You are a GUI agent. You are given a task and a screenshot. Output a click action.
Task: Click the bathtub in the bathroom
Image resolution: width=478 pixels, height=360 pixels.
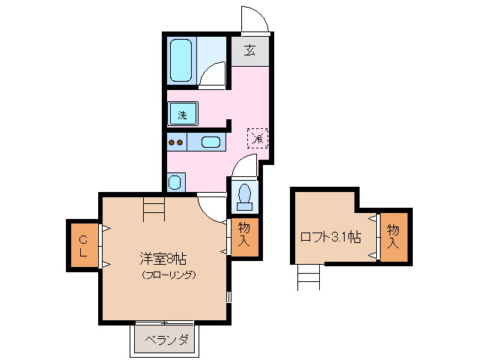182,60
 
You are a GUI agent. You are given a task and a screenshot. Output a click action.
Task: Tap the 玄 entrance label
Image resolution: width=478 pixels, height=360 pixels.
249,52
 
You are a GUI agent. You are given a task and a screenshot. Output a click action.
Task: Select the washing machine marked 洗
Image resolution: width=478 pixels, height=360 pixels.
183,115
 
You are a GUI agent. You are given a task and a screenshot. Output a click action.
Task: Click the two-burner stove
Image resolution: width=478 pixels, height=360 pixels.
176,142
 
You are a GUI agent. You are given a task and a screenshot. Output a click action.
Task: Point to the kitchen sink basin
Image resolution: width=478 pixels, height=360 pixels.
211,142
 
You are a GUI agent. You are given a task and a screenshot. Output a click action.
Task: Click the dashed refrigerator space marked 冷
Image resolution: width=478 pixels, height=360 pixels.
257,138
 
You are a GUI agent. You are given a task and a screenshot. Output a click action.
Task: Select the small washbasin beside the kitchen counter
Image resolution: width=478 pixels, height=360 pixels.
175,181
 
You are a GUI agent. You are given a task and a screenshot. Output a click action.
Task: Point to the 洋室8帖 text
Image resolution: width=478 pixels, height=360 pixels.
163,259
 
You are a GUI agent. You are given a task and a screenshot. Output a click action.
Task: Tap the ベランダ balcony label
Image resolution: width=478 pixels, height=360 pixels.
166,340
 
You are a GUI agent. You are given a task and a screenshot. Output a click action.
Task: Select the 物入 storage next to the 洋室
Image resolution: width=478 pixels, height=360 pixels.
243,235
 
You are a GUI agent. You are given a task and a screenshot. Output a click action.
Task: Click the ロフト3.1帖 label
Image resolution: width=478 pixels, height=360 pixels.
330,237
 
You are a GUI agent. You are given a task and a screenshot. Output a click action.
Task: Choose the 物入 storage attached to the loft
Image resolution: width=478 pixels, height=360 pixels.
394,237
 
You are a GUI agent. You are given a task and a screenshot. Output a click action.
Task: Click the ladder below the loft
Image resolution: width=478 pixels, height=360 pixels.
308,277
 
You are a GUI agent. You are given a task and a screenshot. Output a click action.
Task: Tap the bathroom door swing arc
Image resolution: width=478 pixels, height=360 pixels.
214,75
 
